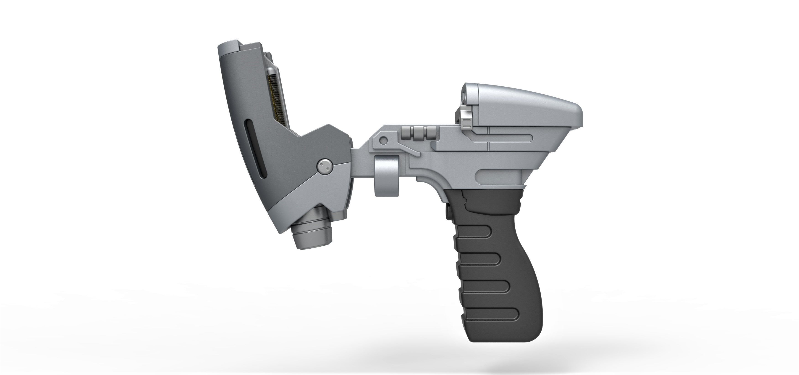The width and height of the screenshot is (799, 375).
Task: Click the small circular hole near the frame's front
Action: [x=384, y=140]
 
